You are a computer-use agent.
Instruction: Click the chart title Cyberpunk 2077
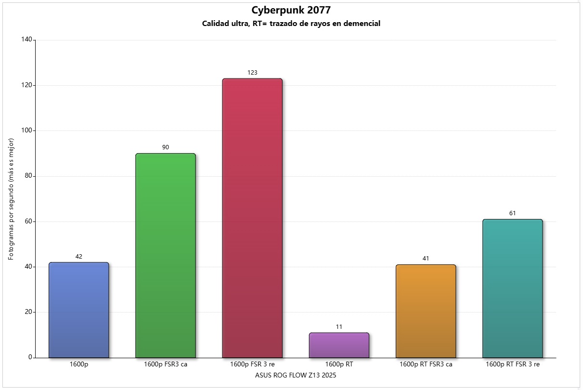tap(291, 10)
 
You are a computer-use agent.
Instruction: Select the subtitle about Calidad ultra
tap(291, 24)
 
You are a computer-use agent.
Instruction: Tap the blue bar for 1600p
tap(79, 310)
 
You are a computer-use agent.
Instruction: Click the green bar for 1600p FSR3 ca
tap(166, 256)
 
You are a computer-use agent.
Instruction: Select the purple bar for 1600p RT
tap(339, 345)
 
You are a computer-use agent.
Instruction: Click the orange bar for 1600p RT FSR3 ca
tap(426, 311)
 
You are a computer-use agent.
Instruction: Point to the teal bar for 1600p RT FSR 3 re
tap(512, 288)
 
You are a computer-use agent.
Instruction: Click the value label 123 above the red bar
tap(252, 73)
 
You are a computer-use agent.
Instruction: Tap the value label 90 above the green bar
tap(166, 147)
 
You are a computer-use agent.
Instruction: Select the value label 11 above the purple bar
tap(339, 327)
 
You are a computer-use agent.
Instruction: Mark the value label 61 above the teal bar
tap(512, 213)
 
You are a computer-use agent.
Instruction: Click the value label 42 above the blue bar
tap(79, 257)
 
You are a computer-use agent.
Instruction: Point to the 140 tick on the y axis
tap(26, 40)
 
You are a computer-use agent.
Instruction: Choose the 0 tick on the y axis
tap(30, 358)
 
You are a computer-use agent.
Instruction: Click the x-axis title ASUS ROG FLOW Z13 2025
tap(296, 376)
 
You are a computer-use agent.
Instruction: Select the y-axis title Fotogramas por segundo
tap(11, 199)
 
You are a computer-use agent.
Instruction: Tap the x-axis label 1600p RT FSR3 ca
tap(426, 364)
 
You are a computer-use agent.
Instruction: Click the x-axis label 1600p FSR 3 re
tap(252, 364)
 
